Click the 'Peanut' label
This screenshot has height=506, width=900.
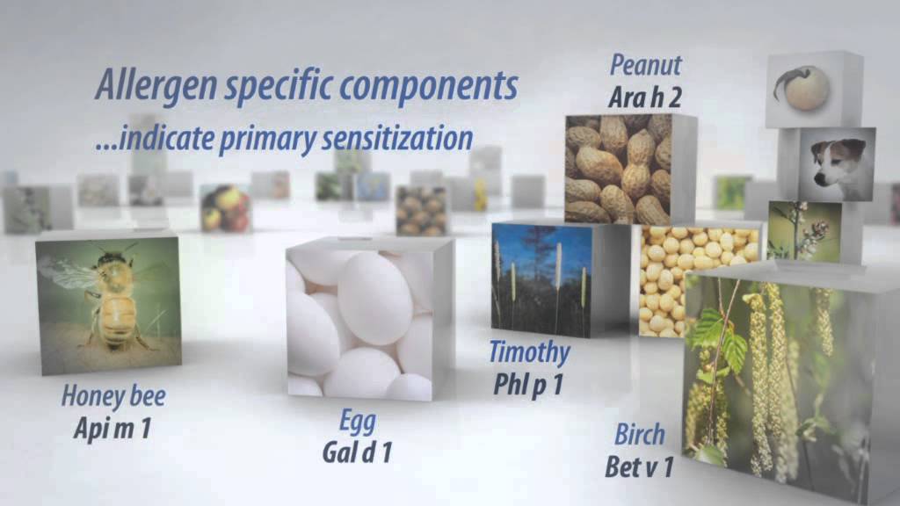pyautogui.click(x=646, y=65)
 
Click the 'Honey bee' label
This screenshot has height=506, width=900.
pyautogui.click(x=112, y=395)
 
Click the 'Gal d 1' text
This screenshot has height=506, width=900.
pyautogui.click(x=356, y=452)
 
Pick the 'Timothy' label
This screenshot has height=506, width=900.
pyautogui.click(x=529, y=353)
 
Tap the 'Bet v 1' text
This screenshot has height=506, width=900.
pyautogui.click(x=640, y=466)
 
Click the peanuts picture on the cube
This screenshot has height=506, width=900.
pyautogui.click(x=617, y=169)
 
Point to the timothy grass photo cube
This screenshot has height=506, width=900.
pyautogui.click(x=540, y=277)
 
